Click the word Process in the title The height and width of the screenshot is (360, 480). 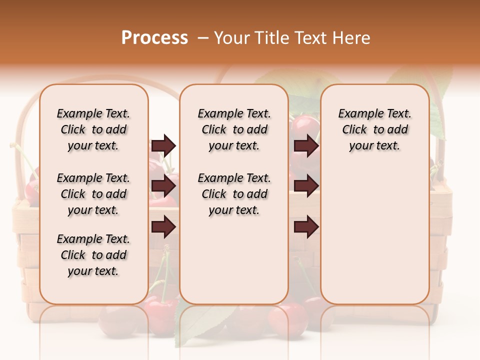click(154, 38)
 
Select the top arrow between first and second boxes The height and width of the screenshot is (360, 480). click(163, 145)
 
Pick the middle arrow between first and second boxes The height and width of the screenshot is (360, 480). click(163, 186)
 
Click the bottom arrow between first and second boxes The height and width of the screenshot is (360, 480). click(163, 227)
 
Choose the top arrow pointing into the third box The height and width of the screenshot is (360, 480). click(306, 145)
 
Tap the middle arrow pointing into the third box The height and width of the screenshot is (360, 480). click(306, 186)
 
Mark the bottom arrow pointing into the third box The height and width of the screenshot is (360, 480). click(306, 227)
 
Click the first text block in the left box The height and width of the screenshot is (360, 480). click(93, 129)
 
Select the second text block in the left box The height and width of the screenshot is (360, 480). click(93, 194)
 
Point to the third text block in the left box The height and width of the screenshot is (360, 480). click(93, 255)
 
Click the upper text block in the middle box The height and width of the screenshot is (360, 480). click(234, 129)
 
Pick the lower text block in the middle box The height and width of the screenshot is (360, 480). click(234, 194)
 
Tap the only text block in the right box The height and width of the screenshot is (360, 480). click(375, 129)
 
